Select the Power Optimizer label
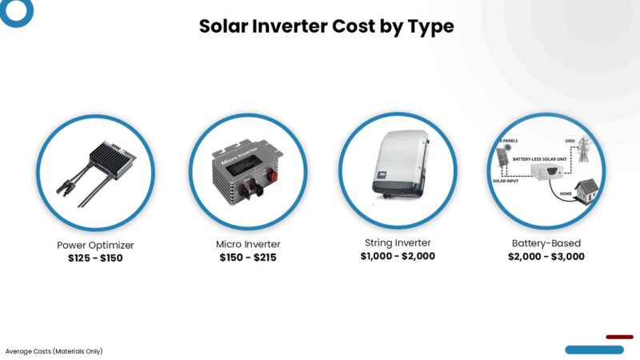(95, 245)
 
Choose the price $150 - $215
(248, 258)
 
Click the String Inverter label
(398, 242)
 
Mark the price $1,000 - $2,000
(398, 256)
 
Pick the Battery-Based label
(546, 243)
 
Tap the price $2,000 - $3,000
(546, 257)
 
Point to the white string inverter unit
(398, 162)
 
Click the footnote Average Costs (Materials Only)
(54, 351)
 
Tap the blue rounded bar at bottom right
(594, 350)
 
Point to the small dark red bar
(619, 337)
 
